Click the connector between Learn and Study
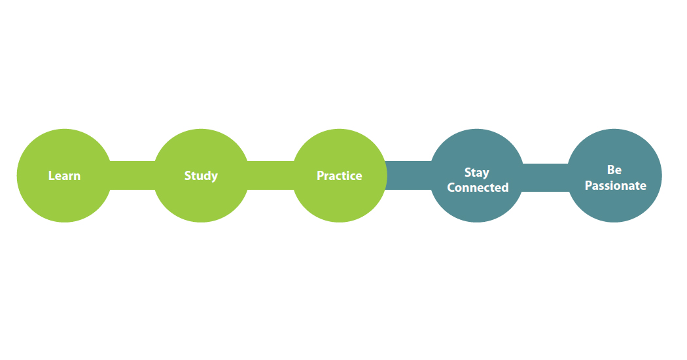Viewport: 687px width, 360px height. [132, 175]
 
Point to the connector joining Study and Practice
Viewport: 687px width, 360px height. [270, 175]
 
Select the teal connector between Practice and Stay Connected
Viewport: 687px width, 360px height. [408, 175]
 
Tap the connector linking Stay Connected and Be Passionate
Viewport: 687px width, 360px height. [546, 177]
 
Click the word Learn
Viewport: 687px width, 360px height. [64, 175]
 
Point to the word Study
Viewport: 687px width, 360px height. [201, 175]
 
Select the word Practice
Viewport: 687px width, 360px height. [339, 175]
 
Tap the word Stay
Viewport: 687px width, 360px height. [477, 173]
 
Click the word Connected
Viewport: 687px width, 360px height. [478, 188]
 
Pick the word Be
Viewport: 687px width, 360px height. [614, 170]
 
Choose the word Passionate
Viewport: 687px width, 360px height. [615, 186]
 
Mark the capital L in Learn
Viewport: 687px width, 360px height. [51, 175]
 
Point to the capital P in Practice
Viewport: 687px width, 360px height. [320, 175]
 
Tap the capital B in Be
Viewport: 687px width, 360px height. [610, 170]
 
